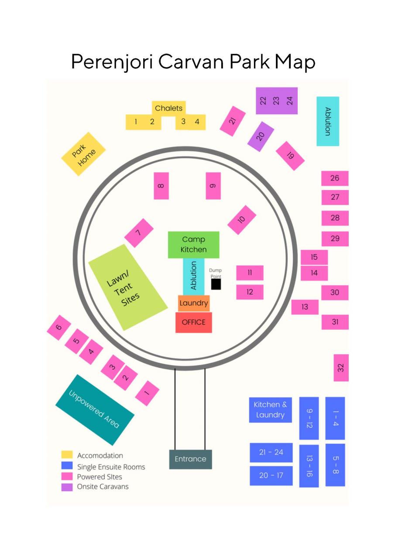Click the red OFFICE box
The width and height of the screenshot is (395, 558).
click(x=193, y=322)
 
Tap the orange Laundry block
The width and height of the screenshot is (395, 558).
click(x=194, y=303)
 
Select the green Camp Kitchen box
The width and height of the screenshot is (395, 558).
click(x=193, y=245)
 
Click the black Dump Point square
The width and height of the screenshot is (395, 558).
click(x=216, y=284)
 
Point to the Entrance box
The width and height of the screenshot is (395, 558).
click(x=191, y=459)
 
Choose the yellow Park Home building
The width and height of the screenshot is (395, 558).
click(x=83, y=154)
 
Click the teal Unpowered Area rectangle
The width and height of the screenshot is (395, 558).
click(x=95, y=409)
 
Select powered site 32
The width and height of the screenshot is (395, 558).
click(x=341, y=367)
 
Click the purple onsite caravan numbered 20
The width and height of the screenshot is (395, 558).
click(x=261, y=136)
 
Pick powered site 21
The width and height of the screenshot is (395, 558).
click(x=233, y=121)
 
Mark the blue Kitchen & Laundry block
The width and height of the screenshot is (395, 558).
click(x=270, y=410)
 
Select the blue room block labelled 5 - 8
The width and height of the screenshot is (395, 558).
click(x=335, y=465)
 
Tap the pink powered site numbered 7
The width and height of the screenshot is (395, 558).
click(x=139, y=233)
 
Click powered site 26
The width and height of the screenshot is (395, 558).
click(x=335, y=178)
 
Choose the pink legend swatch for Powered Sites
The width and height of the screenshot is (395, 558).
click(x=67, y=476)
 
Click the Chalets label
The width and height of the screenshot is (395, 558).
click(x=168, y=108)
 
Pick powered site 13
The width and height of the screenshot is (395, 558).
click(x=305, y=307)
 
